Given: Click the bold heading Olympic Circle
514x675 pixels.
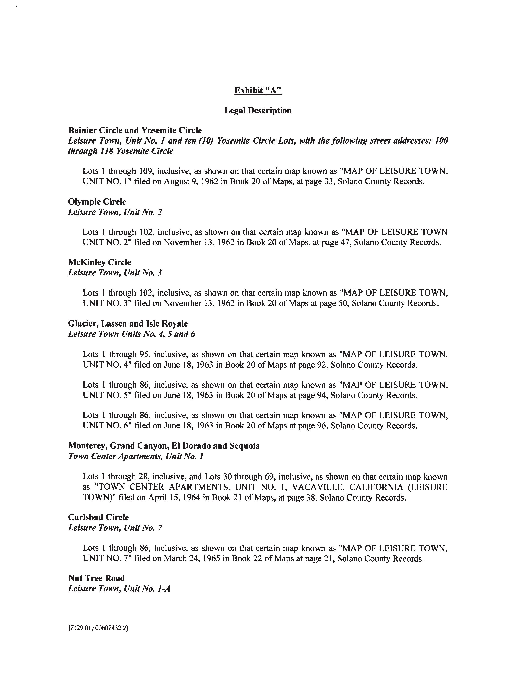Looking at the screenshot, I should pyautogui.click(x=97, y=202).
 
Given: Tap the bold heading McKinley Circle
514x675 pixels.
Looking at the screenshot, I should pyautogui.click(x=99, y=262).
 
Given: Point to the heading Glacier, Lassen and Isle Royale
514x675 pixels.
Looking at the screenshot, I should pyautogui.click(x=128, y=323).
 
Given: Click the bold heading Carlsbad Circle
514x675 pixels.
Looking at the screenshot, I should pyautogui.click(x=98, y=517).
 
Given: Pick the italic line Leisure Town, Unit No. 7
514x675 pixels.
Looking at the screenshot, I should pyautogui.click(x=115, y=528).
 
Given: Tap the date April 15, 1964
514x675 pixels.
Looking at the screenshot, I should pyautogui.click(x=174, y=498).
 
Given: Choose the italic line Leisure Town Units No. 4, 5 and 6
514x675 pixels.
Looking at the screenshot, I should pyautogui.click(x=131, y=334).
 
